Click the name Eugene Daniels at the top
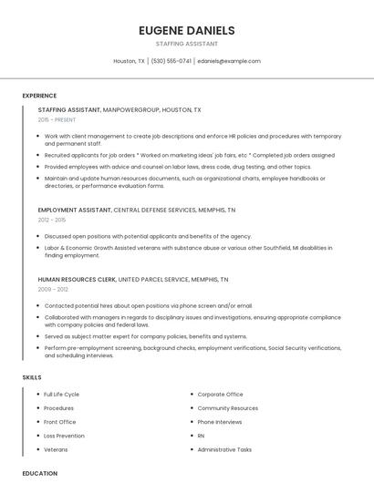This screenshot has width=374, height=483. (186, 29)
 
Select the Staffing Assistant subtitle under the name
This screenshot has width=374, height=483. (186, 43)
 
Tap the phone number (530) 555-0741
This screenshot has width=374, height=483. (171, 61)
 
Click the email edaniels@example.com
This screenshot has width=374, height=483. (229, 61)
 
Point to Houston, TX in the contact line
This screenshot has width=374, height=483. (129, 61)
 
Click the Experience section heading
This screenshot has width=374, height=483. (39, 96)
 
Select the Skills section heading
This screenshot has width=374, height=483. (31, 377)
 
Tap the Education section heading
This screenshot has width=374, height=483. (39, 473)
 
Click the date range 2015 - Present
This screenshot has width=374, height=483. (57, 119)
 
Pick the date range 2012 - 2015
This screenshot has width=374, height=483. (52, 220)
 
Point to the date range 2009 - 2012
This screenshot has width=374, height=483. (53, 289)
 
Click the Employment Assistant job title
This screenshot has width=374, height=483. (75, 210)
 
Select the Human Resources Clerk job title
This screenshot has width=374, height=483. (78, 279)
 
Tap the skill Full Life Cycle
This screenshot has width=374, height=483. (61, 395)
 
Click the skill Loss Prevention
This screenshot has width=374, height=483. (63, 436)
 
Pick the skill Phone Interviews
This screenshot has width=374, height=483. (220, 422)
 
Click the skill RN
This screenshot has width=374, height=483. (202, 436)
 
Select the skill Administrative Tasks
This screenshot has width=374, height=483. (224, 449)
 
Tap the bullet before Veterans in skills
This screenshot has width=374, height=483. (36, 449)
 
